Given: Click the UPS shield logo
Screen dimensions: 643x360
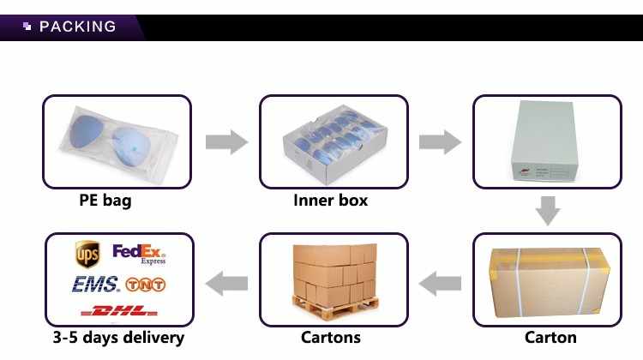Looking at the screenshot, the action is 87,255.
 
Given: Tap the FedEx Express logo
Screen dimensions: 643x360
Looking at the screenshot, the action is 139,255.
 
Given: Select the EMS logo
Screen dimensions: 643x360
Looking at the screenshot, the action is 96,285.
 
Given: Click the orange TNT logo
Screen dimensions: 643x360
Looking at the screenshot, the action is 145,285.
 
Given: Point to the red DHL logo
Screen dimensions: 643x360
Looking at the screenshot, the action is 119,310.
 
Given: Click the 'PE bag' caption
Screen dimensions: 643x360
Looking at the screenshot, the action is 105,200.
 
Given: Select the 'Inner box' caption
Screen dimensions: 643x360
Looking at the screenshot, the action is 331,200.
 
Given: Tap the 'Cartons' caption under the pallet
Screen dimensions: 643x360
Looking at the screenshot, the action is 331,338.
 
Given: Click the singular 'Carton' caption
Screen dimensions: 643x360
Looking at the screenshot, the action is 550,338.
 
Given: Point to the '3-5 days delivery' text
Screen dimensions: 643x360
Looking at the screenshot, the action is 118,338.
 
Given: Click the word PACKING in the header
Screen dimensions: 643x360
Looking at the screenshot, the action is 77,27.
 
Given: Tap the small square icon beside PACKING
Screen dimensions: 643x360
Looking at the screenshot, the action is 27,27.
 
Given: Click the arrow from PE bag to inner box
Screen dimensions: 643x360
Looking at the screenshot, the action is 227,142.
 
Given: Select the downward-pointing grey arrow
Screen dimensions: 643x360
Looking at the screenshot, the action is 548,211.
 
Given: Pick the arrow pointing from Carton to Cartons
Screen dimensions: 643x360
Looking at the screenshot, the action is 440,284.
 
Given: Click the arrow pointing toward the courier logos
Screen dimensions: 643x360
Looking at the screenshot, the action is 227,284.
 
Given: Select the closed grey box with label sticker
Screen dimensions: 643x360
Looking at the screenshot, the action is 545,141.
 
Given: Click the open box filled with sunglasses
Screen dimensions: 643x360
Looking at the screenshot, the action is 334,143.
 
